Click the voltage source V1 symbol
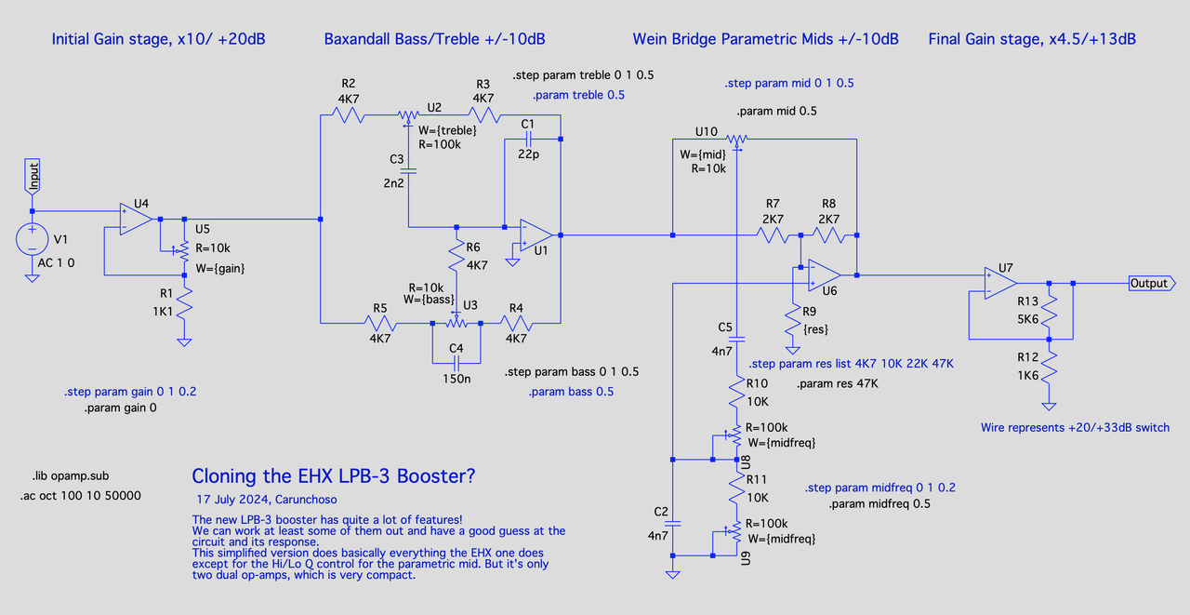pos(32,239)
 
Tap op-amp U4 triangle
pos(137,220)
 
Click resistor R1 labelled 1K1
pos(185,303)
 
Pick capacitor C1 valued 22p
pos(528,140)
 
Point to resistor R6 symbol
pos(456,254)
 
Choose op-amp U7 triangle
pos(1000,283)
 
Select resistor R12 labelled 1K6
pos(1049,371)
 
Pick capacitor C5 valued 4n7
pos(735,342)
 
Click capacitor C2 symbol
pos(672,525)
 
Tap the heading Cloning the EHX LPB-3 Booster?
pos(334,476)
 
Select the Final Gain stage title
pos(1032,39)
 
